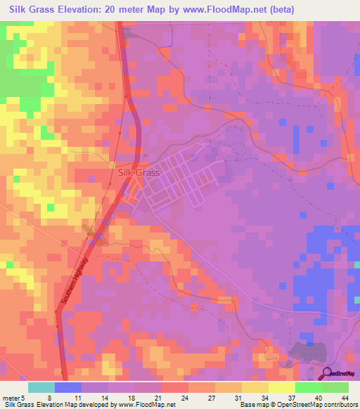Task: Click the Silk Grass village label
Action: click(x=139, y=172)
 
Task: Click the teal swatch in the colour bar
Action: click(x=41, y=387)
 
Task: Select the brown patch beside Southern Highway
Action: click(x=94, y=234)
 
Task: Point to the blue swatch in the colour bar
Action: click(x=67, y=387)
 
